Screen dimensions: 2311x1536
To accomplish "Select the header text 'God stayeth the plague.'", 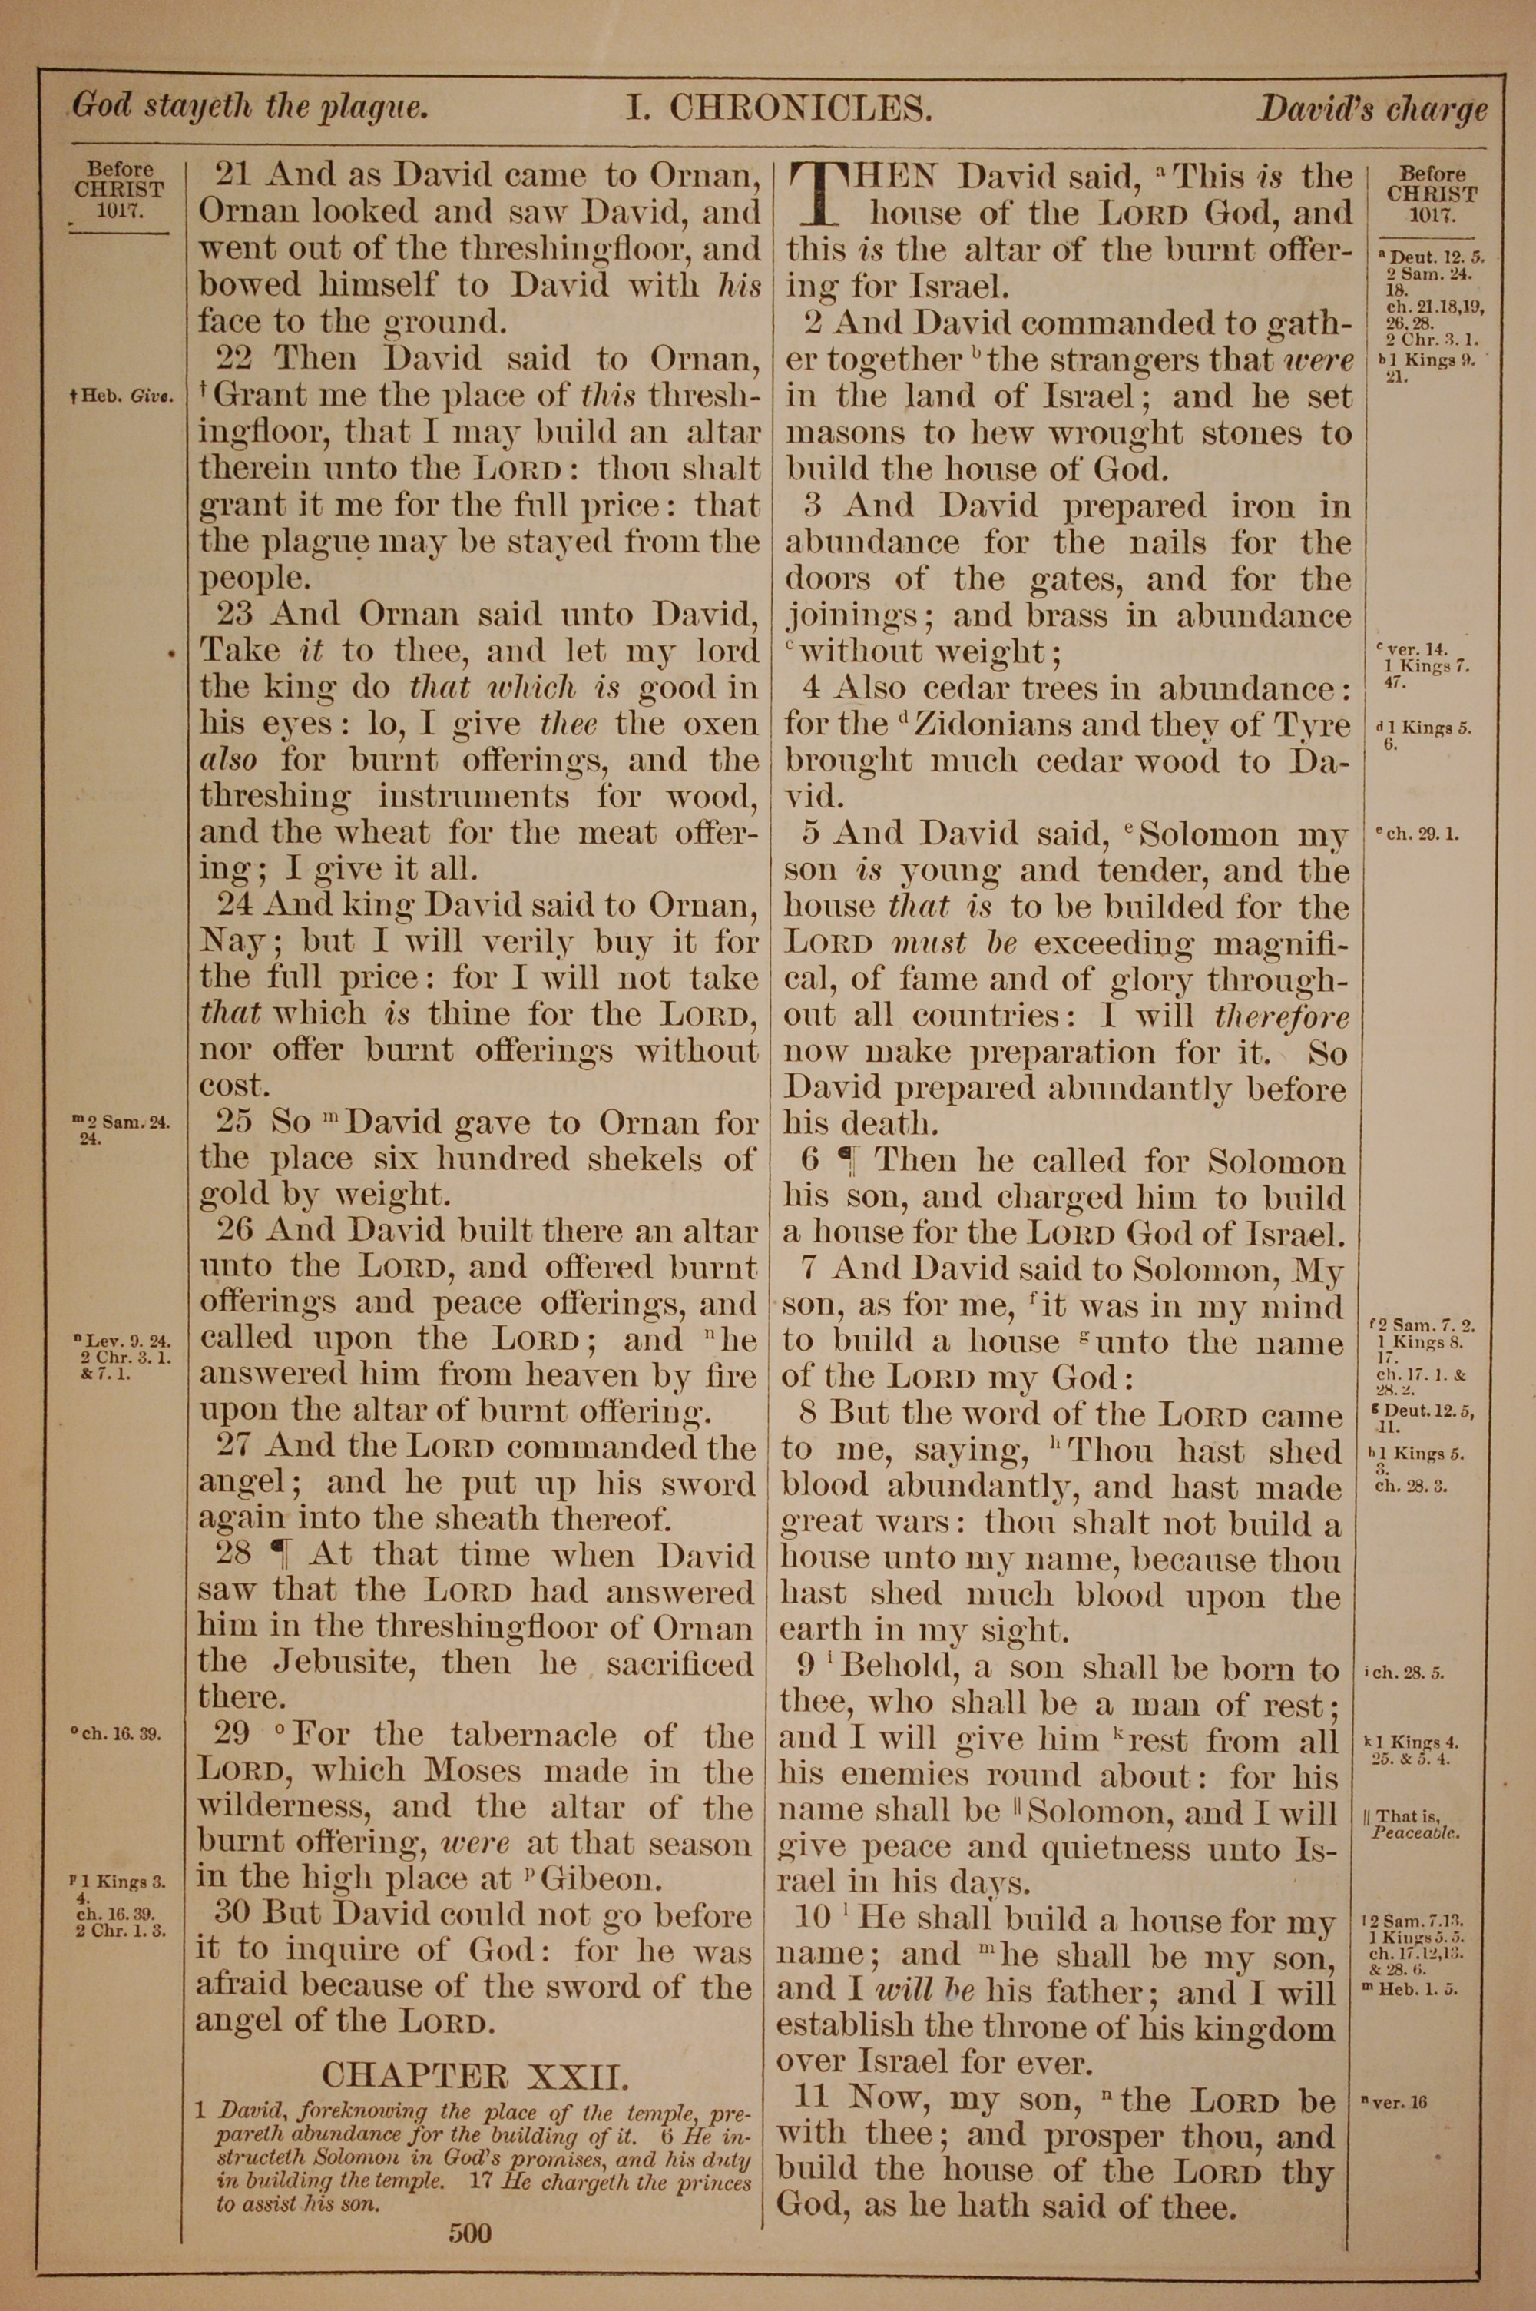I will (250, 106).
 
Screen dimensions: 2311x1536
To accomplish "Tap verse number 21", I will (233, 175).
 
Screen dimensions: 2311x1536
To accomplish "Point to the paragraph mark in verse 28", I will (281, 1556).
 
